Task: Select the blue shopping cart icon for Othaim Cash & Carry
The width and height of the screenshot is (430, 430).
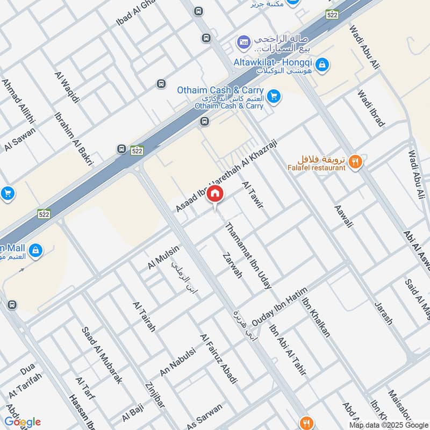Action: pyautogui.click(x=274, y=97)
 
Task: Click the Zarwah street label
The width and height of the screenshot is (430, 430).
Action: pyautogui.click(x=232, y=265)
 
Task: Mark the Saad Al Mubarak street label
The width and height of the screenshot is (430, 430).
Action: pyautogui.click(x=102, y=354)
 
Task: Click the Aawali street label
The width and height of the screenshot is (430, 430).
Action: pyautogui.click(x=343, y=217)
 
